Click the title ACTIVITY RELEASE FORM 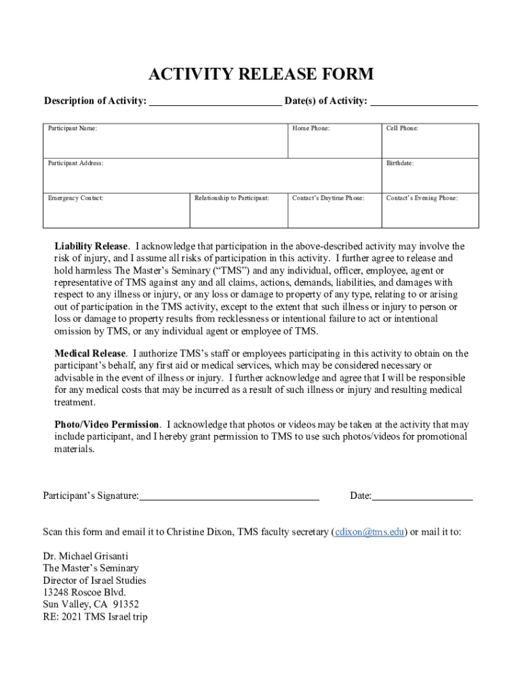261,74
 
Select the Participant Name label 72,128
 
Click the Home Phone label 311,128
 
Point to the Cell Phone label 402,128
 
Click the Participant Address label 75,163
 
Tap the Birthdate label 400,163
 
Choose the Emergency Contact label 75,198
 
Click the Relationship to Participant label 231,198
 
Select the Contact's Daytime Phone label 328,198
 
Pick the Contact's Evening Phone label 422,198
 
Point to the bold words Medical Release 90,354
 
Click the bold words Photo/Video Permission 107,425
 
